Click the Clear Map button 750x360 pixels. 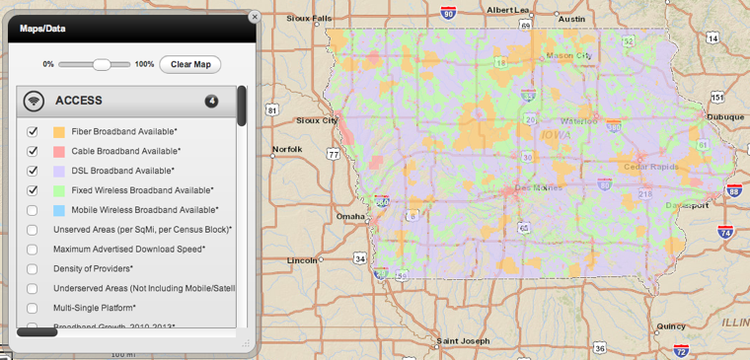pos(190,64)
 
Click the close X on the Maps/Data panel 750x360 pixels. pos(254,17)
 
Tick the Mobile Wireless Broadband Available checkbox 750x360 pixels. pos(33,210)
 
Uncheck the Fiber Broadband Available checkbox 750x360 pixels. pos(33,131)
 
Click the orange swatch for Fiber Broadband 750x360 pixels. pos(59,131)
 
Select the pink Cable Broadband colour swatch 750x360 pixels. pos(59,151)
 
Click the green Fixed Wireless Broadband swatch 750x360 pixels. pos(59,190)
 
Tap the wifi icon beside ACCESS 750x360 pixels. pos(34,101)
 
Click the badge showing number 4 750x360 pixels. pos(211,101)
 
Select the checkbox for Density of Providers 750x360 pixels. pos(33,268)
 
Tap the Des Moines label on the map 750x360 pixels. pos(538,187)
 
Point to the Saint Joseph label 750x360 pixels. pos(463,341)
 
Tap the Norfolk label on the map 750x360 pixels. pos(288,150)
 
